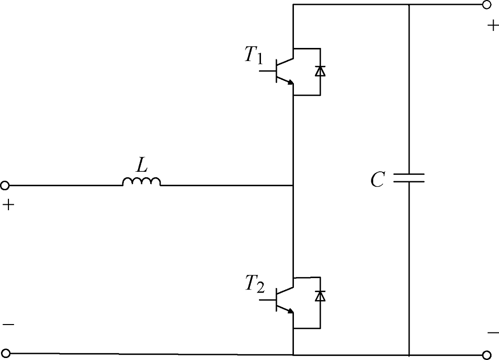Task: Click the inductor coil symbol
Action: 142,181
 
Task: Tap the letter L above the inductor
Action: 142,165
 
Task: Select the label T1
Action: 254,55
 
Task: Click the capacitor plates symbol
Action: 409,178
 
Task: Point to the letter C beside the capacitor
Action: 378,180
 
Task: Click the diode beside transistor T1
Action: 320,71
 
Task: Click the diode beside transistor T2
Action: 320,296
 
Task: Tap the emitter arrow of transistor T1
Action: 290,82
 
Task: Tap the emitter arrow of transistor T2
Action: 290,311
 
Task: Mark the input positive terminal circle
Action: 5,185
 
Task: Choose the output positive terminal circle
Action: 486,5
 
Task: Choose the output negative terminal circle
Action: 487,355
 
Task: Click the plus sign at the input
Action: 8,205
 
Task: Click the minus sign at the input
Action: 8,325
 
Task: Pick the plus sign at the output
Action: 494,25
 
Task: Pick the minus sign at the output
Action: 494,333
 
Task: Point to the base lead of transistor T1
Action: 267,71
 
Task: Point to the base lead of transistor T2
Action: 267,300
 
